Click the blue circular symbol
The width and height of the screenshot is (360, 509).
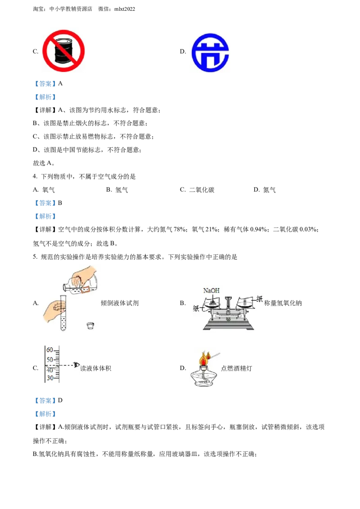pos(210,53)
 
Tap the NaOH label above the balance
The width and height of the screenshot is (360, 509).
pos(211,291)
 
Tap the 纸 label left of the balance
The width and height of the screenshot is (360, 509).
pos(196,309)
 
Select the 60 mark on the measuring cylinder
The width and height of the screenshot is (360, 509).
pos(49,350)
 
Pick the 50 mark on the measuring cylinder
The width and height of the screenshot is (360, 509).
pos(49,359)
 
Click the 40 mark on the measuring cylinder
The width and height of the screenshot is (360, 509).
pos(49,369)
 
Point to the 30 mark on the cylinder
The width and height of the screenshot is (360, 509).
pos(49,378)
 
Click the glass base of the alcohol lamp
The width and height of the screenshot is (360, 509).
pos(204,378)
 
